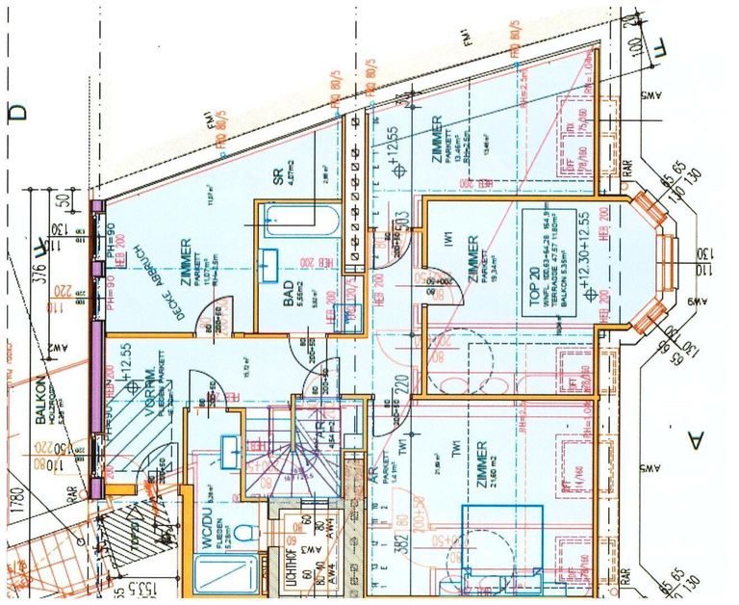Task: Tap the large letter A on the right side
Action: point(694,440)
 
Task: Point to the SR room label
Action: point(277,175)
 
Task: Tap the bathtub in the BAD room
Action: point(298,223)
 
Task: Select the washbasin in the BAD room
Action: point(268,262)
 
